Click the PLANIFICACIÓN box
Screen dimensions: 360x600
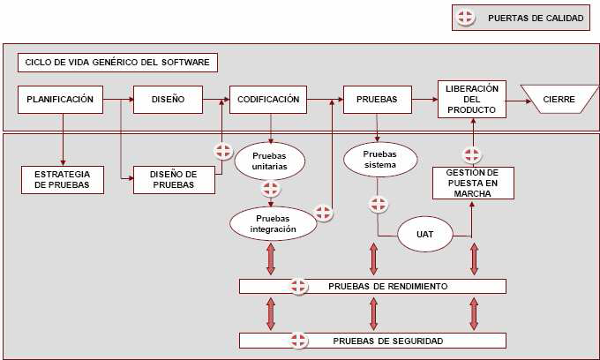pyautogui.click(x=60, y=100)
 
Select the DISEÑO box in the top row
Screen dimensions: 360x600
pyautogui.click(x=168, y=100)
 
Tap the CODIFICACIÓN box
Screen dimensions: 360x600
pyautogui.click(x=267, y=100)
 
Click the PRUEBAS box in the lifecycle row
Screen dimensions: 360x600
pyautogui.click(x=377, y=100)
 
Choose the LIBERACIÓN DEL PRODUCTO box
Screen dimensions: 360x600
pyautogui.click(x=472, y=99)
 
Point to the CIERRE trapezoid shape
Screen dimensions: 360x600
pyautogui.click(x=559, y=100)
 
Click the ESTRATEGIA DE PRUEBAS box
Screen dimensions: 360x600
pyautogui.click(x=61, y=179)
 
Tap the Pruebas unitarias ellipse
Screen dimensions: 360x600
pyautogui.click(x=269, y=160)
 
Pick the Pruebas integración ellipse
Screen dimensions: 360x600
pyautogui.click(x=272, y=221)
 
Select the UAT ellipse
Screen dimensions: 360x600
pyautogui.click(x=423, y=235)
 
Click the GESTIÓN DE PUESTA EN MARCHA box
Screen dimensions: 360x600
pyautogui.click(x=472, y=184)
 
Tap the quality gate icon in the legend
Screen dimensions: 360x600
pyautogui.click(x=468, y=18)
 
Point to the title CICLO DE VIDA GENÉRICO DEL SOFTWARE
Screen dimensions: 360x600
pyautogui.click(x=118, y=63)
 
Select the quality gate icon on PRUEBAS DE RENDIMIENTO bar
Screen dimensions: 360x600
pyautogui.click(x=298, y=286)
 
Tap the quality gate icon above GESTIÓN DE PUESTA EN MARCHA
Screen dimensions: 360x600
pyautogui.click(x=472, y=155)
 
